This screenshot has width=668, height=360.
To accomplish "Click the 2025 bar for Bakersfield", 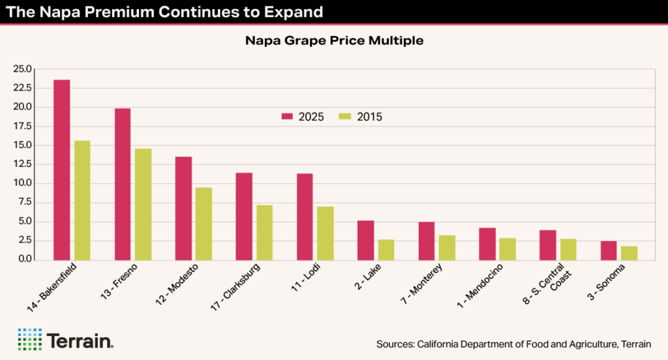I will click(62, 170).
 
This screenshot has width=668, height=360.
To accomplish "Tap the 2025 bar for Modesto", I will click(183, 208).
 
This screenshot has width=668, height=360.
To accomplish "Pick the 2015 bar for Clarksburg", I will click(264, 232).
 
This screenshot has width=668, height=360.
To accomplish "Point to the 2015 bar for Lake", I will click(386, 249).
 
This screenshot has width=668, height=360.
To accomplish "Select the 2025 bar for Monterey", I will click(427, 241).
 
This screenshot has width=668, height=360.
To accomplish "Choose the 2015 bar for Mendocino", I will click(508, 248).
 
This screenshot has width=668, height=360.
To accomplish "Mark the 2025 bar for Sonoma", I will click(609, 250).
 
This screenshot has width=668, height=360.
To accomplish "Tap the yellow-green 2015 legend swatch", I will click(346, 117).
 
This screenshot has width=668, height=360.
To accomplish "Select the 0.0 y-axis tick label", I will click(25, 260).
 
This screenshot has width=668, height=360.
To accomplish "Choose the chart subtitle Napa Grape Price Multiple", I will click(334, 41).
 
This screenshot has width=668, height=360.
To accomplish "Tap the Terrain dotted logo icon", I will click(29, 339).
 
